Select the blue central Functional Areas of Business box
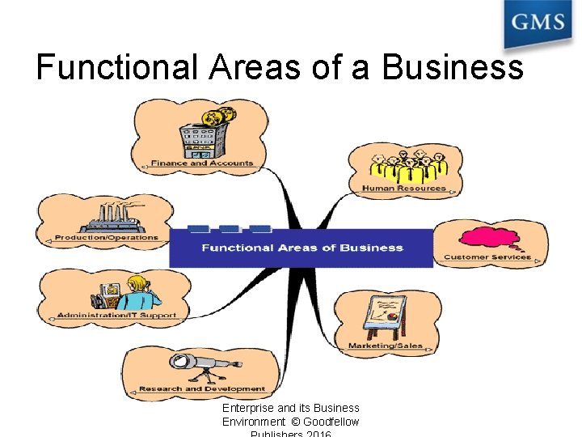(302, 248)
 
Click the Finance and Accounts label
(202, 163)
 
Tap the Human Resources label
(404, 189)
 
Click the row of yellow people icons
(407, 167)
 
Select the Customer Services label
(487, 257)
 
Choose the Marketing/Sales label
(386, 346)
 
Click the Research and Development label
(202, 389)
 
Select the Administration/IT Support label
(116, 315)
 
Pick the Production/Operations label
(107, 238)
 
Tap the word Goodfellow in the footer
(331, 422)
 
